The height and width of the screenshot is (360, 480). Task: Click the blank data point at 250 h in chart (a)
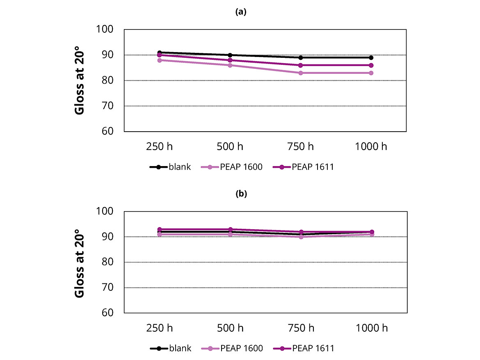(x=160, y=52)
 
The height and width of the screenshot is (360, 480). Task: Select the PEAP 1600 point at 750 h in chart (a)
(x=301, y=73)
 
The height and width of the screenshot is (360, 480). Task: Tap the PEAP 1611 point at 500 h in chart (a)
(x=230, y=60)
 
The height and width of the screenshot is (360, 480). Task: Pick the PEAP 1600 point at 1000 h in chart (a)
(x=371, y=73)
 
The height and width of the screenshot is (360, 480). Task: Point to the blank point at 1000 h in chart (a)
(x=371, y=57)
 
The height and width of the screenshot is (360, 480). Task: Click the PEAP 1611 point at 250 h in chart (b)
(x=160, y=229)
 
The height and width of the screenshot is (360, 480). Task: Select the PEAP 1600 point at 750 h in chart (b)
(x=301, y=237)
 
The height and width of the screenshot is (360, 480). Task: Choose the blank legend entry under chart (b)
(x=170, y=349)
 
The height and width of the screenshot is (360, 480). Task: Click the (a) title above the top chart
(x=241, y=12)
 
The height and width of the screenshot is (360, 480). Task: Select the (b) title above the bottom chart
(x=241, y=194)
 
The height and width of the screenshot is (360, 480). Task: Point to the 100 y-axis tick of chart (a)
(x=105, y=30)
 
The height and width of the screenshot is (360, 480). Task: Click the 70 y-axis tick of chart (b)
(x=107, y=287)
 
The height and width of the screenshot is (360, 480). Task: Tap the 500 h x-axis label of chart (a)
(x=230, y=146)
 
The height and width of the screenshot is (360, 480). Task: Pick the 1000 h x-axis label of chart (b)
(x=371, y=328)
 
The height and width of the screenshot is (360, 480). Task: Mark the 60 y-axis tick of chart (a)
(x=107, y=131)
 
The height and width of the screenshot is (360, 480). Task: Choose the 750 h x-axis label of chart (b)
(x=301, y=328)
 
